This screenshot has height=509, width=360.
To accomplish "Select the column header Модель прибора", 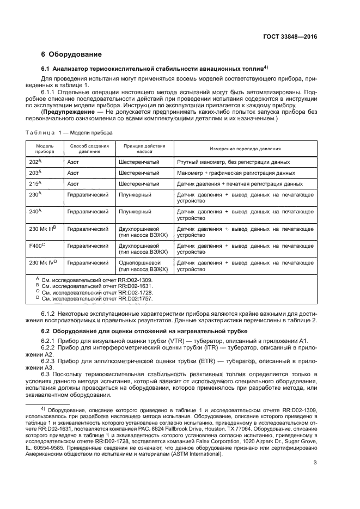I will [45, 149].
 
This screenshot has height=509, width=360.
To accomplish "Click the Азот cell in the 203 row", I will [73, 173].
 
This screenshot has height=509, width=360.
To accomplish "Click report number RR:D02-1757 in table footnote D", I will [134, 299].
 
